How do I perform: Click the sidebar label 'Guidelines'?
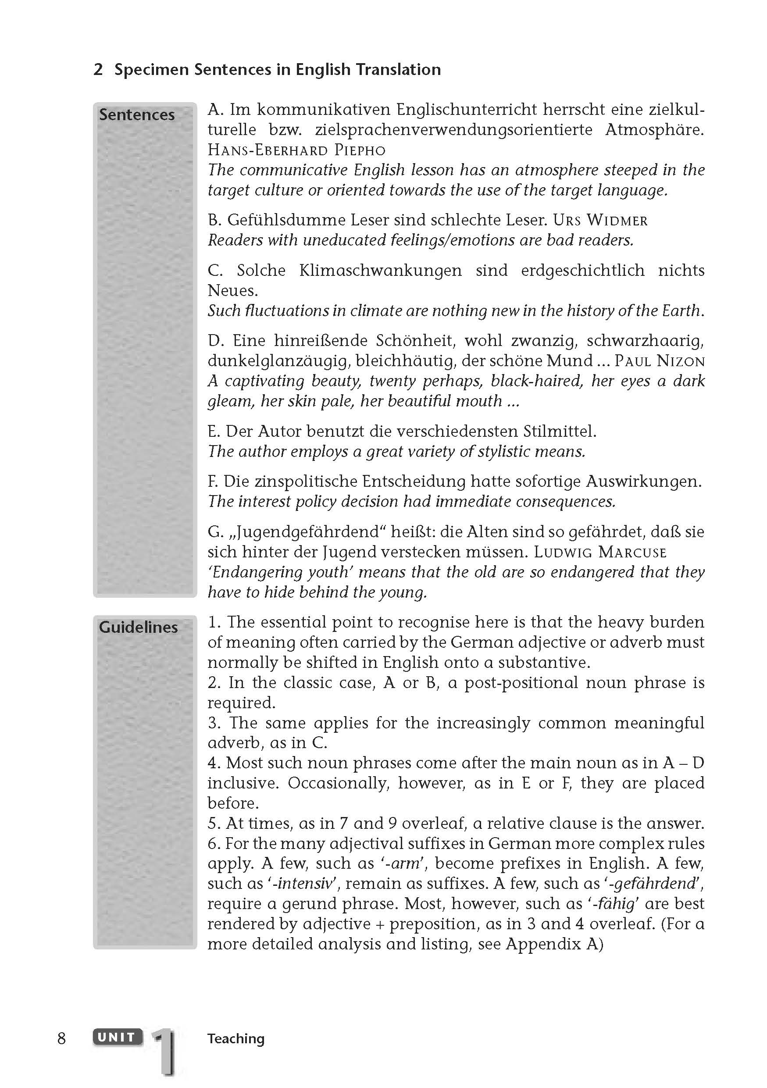click(138, 628)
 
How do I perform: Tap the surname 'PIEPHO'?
click(360, 151)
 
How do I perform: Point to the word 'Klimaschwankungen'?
click(380, 271)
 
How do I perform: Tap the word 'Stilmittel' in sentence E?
click(559, 431)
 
